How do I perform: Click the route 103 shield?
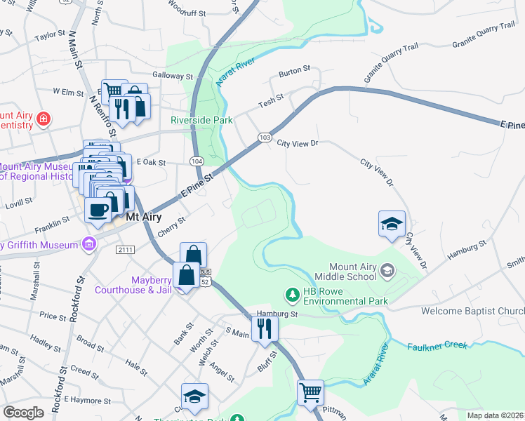(x=264, y=138)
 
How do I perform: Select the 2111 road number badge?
(x=126, y=250)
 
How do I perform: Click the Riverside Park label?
(x=201, y=120)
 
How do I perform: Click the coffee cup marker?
(x=98, y=209)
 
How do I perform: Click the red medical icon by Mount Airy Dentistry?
(x=44, y=119)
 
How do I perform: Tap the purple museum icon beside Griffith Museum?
(x=88, y=244)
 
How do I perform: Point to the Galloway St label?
(x=173, y=76)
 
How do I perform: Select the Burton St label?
(x=294, y=70)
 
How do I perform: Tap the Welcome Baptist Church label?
(x=472, y=311)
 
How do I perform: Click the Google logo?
(x=23, y=413)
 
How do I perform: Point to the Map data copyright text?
(x=495, y=415)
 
